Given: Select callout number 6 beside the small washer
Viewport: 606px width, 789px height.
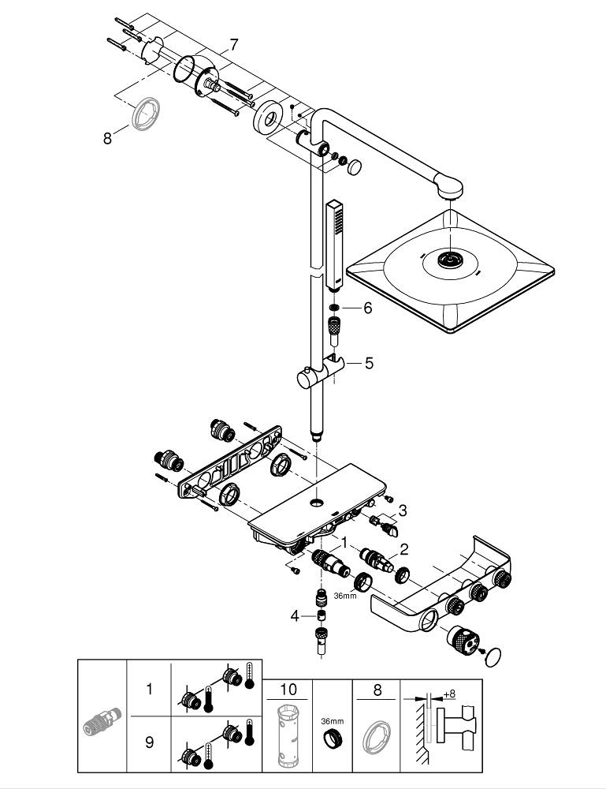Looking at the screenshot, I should tap(366, 308).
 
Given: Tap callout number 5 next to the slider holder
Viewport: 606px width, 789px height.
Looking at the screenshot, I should tap(367, 364).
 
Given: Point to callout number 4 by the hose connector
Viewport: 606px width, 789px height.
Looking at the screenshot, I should tap(294, 615).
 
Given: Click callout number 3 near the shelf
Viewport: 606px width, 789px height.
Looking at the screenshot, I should tap(401, 510).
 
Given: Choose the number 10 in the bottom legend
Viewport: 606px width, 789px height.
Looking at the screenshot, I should tap(288, 689).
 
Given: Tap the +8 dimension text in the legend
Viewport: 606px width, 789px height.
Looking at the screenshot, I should tap(449, 694).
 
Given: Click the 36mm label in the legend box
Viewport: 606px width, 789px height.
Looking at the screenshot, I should tap(333, 721).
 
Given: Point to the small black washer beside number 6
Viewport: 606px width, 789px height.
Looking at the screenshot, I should tap(334, 308).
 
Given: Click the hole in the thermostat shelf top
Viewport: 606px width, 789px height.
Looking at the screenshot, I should tap(315, 503).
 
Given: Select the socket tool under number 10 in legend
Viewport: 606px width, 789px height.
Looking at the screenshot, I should tap(288, 737).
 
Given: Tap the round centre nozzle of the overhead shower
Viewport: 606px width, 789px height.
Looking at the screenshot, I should tap(449, 260).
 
